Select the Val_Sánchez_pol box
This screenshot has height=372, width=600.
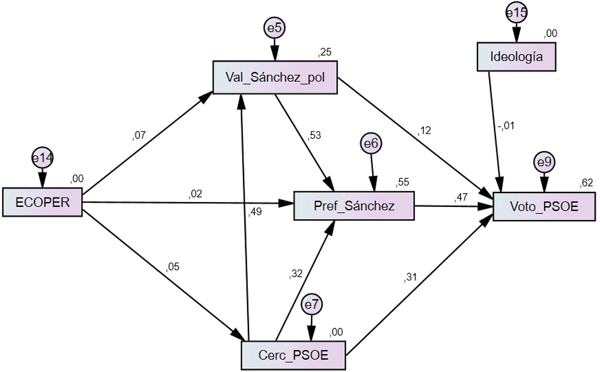275,78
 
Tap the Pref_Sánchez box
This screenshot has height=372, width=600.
354,206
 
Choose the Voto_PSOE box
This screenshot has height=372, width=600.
544,206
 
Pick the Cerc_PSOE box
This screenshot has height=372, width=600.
294,355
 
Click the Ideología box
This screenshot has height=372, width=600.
516,57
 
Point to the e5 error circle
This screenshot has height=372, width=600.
275,28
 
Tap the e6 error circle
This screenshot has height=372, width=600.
371,144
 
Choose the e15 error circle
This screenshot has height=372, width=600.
516,13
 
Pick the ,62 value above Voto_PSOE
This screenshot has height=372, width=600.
586,183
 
